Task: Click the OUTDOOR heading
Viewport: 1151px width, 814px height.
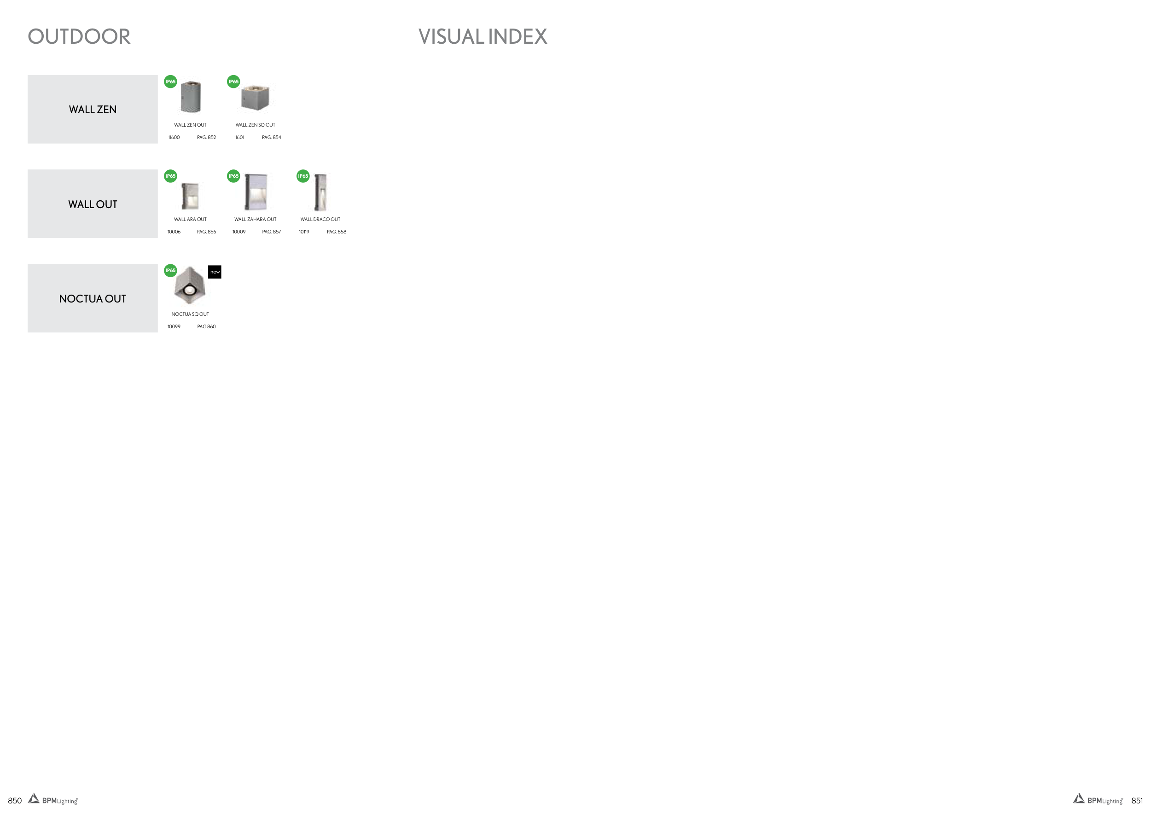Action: pyautogui.click(x=79, y=36)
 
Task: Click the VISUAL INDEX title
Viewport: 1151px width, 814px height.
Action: pyautogui.click(x=483, y=36)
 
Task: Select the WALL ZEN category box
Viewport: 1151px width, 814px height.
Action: pyautogui.click(x=93, y=109)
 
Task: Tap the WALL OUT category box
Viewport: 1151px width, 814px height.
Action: pyautogui.click(x=93, y=203)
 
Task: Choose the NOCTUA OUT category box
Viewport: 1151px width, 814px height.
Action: pyautogui.click(x=93, y=298)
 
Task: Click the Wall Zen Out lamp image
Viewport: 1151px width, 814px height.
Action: pyautogui.click(x=191, y=97)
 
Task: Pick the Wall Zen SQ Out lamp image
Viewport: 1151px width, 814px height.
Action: pyautogui.click(x=256, y=97)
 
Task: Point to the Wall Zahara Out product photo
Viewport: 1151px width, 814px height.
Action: pyautogui.click(x=256, y=192)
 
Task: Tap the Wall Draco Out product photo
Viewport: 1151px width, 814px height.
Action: pyautogui.click(x=320, y=192)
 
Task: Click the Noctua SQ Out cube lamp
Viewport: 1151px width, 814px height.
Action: pyautogui.click(x=190, y=285)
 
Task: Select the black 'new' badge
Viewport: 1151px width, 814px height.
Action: pyautogui.click(x=215, y=272)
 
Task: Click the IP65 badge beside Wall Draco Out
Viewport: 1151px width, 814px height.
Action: pyautogui.click(x=303, y=176)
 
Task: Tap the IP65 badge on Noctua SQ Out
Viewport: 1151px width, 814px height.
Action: pyautogui.click(x=170, y=271)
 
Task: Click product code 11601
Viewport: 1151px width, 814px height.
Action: pyautogui.click(x=239, y=137)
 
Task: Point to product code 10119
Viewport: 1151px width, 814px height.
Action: pyautogui.click(x=304, y=232)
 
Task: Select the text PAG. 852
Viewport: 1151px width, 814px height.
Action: pyautogui.click(x=207, y=137)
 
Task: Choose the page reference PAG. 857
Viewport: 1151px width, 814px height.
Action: pyautogui.click(x=271, y=232)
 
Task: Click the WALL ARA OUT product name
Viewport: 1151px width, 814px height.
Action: pyautogui.click(x=190, y=220)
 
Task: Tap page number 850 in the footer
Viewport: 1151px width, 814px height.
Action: pyautogui.click(x=15, y=801)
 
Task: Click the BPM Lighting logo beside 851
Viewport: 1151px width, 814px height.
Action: pyautogui.click(x=1098, y=799)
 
